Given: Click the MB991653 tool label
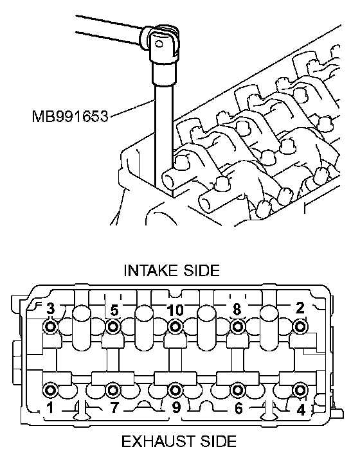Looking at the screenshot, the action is (70, 116).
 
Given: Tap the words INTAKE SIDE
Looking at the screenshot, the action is (172, 270).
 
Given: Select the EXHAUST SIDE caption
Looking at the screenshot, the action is (179, 441).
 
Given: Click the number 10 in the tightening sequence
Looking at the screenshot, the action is (175, 310).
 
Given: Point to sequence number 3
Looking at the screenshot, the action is (51, 309).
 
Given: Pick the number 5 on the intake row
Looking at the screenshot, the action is (114, 310).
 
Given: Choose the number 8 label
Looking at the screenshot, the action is (237, 310).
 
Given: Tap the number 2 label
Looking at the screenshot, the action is (300, 308).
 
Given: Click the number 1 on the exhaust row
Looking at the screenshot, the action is (50, 408).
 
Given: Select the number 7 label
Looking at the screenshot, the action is (114, 408).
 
